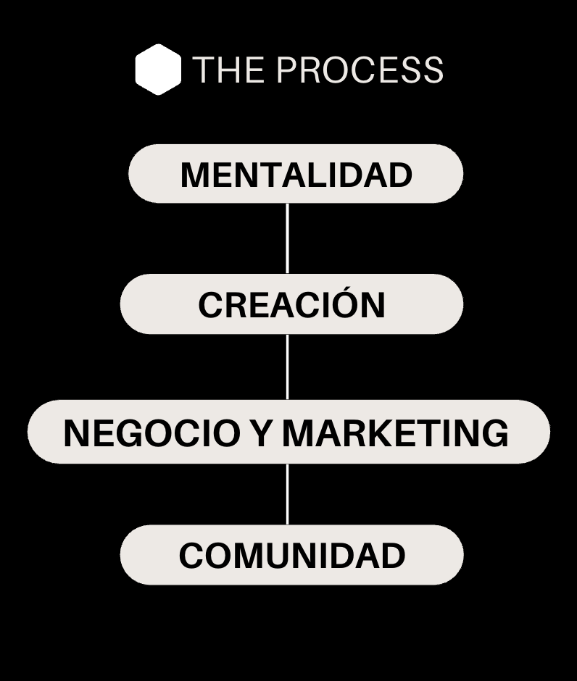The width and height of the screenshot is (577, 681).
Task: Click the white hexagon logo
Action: tap(158, 70)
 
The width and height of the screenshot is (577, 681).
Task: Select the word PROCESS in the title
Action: tap(360, 70)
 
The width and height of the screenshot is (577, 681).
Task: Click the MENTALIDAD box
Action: tap(296, 174)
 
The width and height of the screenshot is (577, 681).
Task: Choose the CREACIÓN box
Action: tap(291, 304)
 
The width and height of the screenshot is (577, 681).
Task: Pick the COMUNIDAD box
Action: tap(291, 556)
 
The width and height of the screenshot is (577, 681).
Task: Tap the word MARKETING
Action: tap(395, 433)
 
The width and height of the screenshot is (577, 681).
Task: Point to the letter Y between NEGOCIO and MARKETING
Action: tap(260, 433)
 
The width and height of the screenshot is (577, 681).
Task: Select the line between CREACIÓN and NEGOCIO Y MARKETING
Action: tap(288, 367)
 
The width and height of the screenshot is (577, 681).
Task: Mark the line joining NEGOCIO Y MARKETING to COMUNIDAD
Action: tap(288, 494)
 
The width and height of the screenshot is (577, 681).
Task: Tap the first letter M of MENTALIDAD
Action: tap(194, 175)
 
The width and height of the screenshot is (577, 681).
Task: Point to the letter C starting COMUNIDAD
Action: tap(192, 556)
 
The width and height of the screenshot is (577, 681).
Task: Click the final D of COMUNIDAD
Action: tap(391, 556)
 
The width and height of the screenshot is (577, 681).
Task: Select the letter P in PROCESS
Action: tap(288, 70)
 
